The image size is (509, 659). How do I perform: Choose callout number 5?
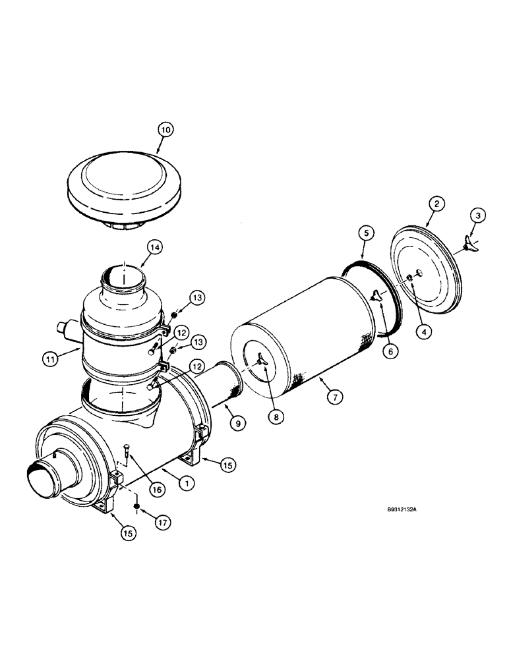tap(367, 233)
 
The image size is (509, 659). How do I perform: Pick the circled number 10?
tap(165, 130)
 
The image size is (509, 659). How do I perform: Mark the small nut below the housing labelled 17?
tap(136, 506)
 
